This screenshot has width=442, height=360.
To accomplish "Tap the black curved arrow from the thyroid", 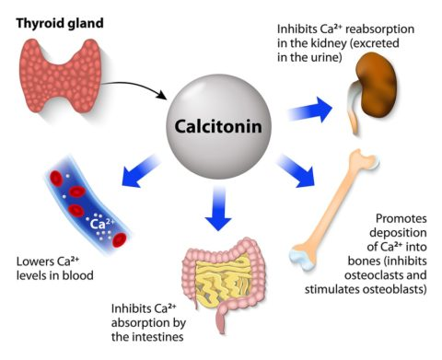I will pos(138,87).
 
